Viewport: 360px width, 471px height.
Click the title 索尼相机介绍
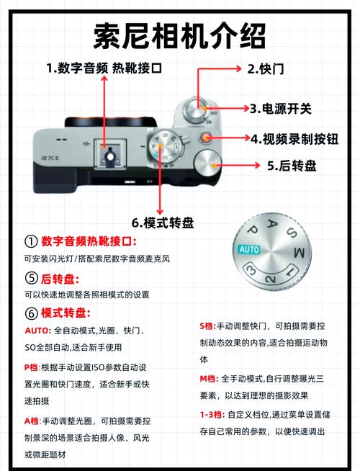coord(180,35)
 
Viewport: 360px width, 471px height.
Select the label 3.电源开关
coord(281,109)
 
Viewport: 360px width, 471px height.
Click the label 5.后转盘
coord(291,166)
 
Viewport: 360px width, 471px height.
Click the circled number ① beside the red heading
coord(30,241)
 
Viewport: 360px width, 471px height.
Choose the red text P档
coord(32,367)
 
